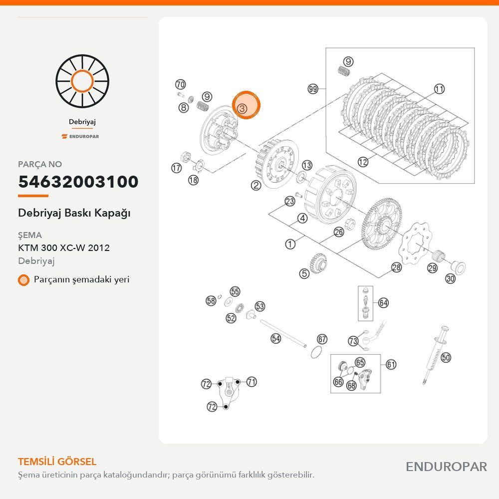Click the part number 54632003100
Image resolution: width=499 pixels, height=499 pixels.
click(x=78, y=182)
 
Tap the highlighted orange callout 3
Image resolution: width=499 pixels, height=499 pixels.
click(x=246, y=105)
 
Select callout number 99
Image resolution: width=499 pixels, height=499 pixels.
click(x=313, y=89)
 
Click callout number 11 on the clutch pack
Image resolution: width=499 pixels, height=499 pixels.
click(x=439, y=89)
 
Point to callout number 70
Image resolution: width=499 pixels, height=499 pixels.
click(x=181, y=84)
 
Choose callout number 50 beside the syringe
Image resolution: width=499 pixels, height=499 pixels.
click(x=446, y=357)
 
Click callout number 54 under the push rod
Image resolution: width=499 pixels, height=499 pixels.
click(x=275, y=338)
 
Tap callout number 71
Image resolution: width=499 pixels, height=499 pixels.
click(x=251, y=382)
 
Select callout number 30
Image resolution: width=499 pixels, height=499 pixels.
click(x=450, y=279)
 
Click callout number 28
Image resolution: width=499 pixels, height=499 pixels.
click(x=396, y=267)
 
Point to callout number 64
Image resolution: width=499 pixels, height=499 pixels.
click(x=383, y=303)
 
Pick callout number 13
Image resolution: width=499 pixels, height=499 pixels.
click(x=307, y=165)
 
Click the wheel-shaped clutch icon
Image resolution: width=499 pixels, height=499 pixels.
click(x=82, y=81)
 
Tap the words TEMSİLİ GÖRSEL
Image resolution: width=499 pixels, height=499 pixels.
click(x=57, y=462)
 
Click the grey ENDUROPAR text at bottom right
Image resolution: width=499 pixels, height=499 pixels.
click(x=446, y=467)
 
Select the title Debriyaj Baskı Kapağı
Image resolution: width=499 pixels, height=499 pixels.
click(x=74, y=213)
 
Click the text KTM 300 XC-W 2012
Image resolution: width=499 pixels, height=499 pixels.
click(x=64, y=248)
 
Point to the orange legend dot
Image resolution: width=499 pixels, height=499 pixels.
click(x=23, y=280)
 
